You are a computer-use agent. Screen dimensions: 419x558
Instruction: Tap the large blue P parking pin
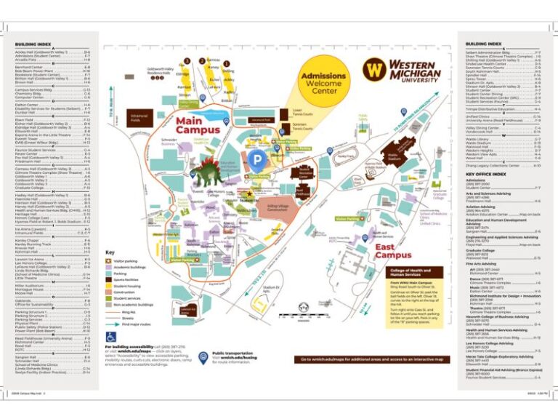256,158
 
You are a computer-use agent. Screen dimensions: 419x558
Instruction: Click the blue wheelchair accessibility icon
111,337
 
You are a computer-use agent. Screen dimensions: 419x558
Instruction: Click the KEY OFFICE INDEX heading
486,175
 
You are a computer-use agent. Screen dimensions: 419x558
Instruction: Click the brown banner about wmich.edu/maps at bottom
372,359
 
